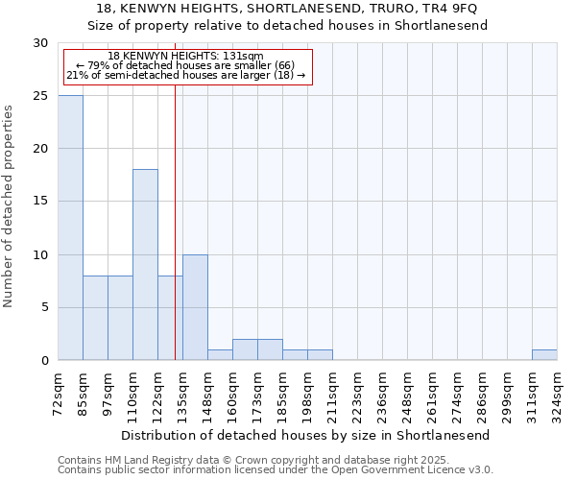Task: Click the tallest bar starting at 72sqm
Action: point(70,228)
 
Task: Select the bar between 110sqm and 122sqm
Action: point(145,265)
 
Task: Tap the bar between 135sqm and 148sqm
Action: point(195,307)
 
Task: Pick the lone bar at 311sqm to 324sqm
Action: point(544,355)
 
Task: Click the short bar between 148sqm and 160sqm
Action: point(220,355)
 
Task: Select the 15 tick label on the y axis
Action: point(40,202)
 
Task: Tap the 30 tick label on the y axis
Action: point(40,43)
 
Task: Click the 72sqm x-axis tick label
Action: point(59,392)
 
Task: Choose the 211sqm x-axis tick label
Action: point(333,394)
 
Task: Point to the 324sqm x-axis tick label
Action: point(558,394)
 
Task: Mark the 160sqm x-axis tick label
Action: point(233,394)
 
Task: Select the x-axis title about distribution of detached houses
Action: point(306,435)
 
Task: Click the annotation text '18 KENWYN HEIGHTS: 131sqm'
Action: point(185,57)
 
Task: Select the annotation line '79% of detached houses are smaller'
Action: point(185,65)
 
